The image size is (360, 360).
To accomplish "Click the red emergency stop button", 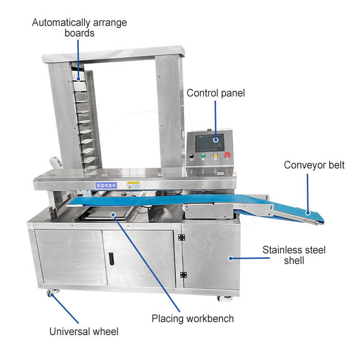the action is pyautogui.click(x=227, y=155).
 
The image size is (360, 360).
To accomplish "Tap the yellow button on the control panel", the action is pyautogui.click(x=215, y=156).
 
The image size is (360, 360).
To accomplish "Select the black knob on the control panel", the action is pyautogui.click(x=192, y=156).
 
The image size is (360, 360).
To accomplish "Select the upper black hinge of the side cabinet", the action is pyautogui.click(x=181, y=237).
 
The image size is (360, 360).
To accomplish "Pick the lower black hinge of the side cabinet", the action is pyautogui.click(x=183, y=275).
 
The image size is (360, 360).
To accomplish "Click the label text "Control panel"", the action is pyautogui.click(x=216, y=93).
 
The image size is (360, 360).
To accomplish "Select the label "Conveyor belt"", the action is pyautogui.click(x=314, y=166).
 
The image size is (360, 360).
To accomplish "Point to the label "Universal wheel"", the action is pyautogui.click(x=84, y=331).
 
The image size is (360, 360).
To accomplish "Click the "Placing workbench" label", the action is pyautogui.click(x=192, y=318).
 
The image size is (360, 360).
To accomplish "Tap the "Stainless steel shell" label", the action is pyautogui.click(x=294, y=255).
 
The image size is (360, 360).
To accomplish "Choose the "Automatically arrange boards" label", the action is pyautogui.click(x=80, y=28).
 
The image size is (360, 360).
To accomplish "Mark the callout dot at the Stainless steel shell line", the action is pyautogui.click(x=230, y=258).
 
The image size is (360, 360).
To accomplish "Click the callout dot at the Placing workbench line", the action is pyautogui.click(x=113, y=214).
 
